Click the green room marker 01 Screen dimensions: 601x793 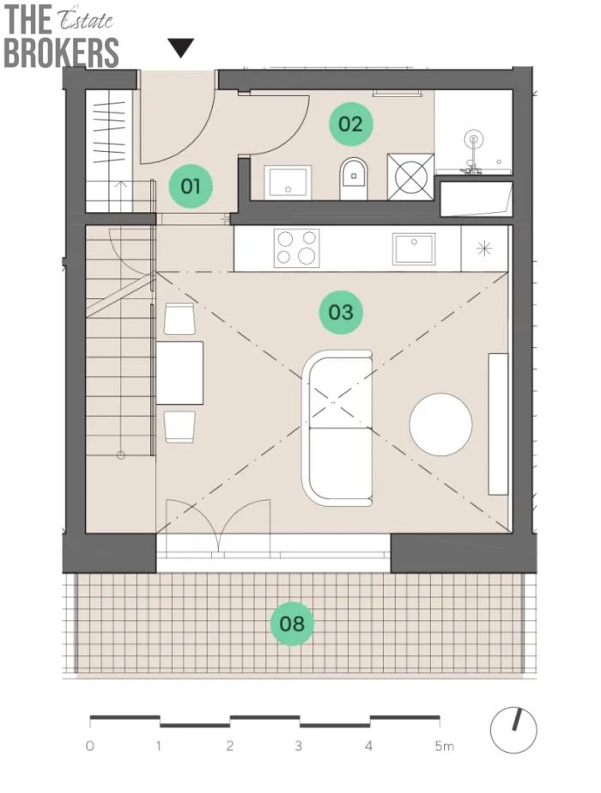(191, 186)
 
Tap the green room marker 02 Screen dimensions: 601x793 (351, 124)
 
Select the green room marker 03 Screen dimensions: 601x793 (341, 312)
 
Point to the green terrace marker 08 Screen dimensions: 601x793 (292, 624)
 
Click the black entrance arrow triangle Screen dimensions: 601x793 (181, 48)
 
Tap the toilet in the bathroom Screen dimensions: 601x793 (354, 179)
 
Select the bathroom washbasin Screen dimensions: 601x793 (288, 182)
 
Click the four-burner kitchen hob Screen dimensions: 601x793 (297, 247)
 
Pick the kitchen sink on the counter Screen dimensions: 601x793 (414, 248)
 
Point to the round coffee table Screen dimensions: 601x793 (440, 424)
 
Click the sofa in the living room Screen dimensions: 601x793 (337, 428)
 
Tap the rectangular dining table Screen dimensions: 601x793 (179, 373)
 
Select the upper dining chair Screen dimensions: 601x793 (179, 319)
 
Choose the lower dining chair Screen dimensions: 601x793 (179, 427)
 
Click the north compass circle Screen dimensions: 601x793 (513, 730)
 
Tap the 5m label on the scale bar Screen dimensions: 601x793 (444, 746)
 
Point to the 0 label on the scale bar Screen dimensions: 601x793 (90, 746)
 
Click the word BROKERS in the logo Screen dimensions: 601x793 (61, 52)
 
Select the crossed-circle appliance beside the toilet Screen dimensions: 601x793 (411, 176)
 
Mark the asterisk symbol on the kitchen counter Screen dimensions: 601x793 (484, 248)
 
